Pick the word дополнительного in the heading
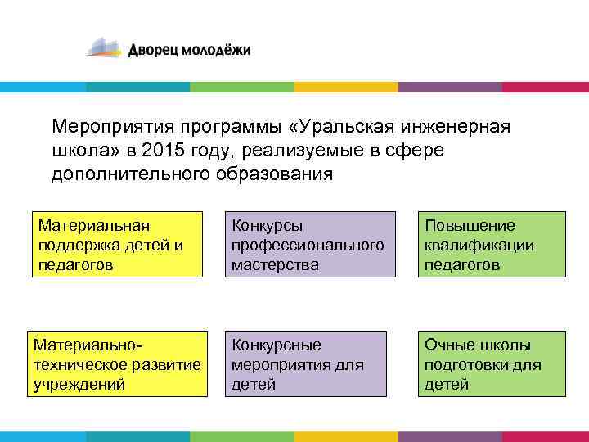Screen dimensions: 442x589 134,174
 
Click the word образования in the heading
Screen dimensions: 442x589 280,174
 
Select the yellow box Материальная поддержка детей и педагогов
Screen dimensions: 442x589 116,244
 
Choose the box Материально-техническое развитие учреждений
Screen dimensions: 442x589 116,363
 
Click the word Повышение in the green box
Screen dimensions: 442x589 470,225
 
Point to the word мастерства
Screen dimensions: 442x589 275,264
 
